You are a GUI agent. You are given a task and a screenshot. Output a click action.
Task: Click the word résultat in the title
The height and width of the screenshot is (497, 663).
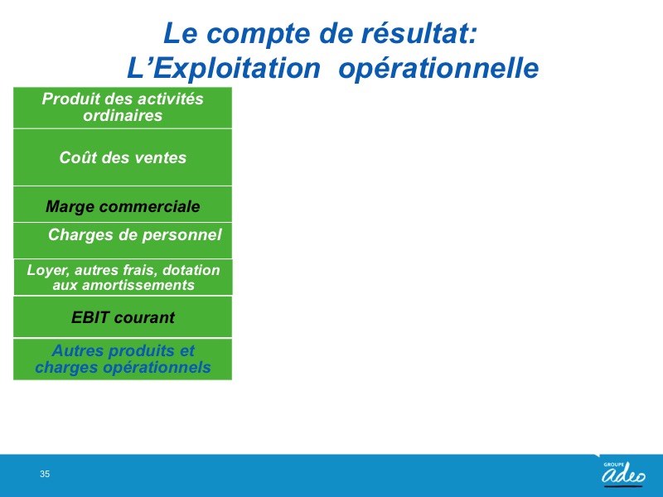pos(419,33)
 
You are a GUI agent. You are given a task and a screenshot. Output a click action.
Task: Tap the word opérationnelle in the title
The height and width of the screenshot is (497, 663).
pos(438,69)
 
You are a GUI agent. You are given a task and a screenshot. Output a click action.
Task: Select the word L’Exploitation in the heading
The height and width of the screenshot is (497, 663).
pos(224,69)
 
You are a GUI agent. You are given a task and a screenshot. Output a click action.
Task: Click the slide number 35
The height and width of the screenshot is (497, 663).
pos(45,474)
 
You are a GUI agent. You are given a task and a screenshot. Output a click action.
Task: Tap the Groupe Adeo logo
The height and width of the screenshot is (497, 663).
pos(623,473)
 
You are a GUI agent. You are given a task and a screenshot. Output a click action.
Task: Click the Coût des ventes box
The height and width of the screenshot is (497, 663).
pos(123,157)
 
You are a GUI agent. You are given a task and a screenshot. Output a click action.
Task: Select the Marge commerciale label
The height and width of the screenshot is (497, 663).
pos(123,206)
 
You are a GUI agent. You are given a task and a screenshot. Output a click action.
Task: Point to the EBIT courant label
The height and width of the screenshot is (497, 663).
pos(123,317)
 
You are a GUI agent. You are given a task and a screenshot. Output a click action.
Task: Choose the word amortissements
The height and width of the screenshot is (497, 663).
pos(138,285)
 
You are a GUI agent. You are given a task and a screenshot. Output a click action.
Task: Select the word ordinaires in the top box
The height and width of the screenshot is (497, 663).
pos(123,115)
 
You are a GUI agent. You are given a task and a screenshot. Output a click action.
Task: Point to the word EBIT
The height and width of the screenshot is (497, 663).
pos(90,317)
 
